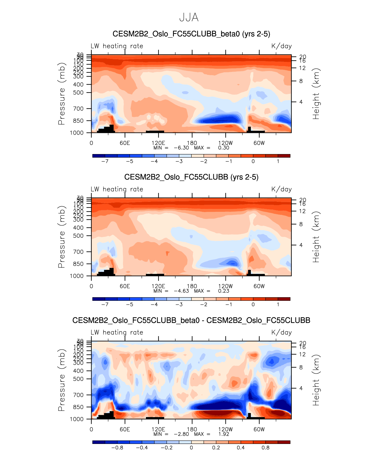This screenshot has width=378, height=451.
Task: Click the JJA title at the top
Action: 189,18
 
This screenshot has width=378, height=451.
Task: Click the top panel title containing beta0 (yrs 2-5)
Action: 191,34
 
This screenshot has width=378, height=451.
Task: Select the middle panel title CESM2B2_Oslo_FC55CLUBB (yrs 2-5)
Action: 191,177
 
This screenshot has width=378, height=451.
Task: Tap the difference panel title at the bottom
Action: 191,320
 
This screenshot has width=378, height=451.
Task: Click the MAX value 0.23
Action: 224,291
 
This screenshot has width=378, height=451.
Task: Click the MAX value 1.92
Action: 224,434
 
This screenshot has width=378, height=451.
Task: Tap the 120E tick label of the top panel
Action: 158,143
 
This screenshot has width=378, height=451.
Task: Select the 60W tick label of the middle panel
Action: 259,286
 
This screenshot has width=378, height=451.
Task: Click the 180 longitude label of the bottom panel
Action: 192,429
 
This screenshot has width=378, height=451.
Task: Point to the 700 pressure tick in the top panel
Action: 79,109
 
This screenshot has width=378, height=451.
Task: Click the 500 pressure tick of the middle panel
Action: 79,236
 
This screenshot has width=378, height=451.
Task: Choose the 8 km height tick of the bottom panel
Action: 301,367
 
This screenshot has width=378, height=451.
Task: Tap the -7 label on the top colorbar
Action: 105,161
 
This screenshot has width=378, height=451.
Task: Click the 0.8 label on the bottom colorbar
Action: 265,448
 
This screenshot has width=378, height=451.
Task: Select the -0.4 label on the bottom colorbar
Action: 142,448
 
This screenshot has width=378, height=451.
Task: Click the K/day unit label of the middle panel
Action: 282,189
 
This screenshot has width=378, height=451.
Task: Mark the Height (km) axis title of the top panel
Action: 316,94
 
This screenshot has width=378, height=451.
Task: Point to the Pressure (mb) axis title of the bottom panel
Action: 61,380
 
